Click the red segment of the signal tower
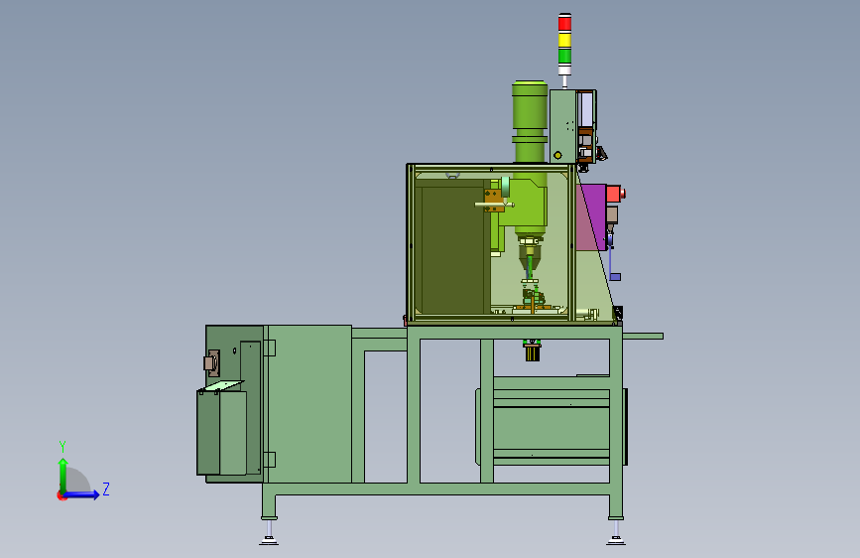[564, 23]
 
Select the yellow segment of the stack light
[564, 40]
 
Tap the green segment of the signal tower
[564, 56]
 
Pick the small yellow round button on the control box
[557, 156]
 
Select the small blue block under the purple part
[615, 277]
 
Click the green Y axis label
[62, 446]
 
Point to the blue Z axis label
[106, 488]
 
